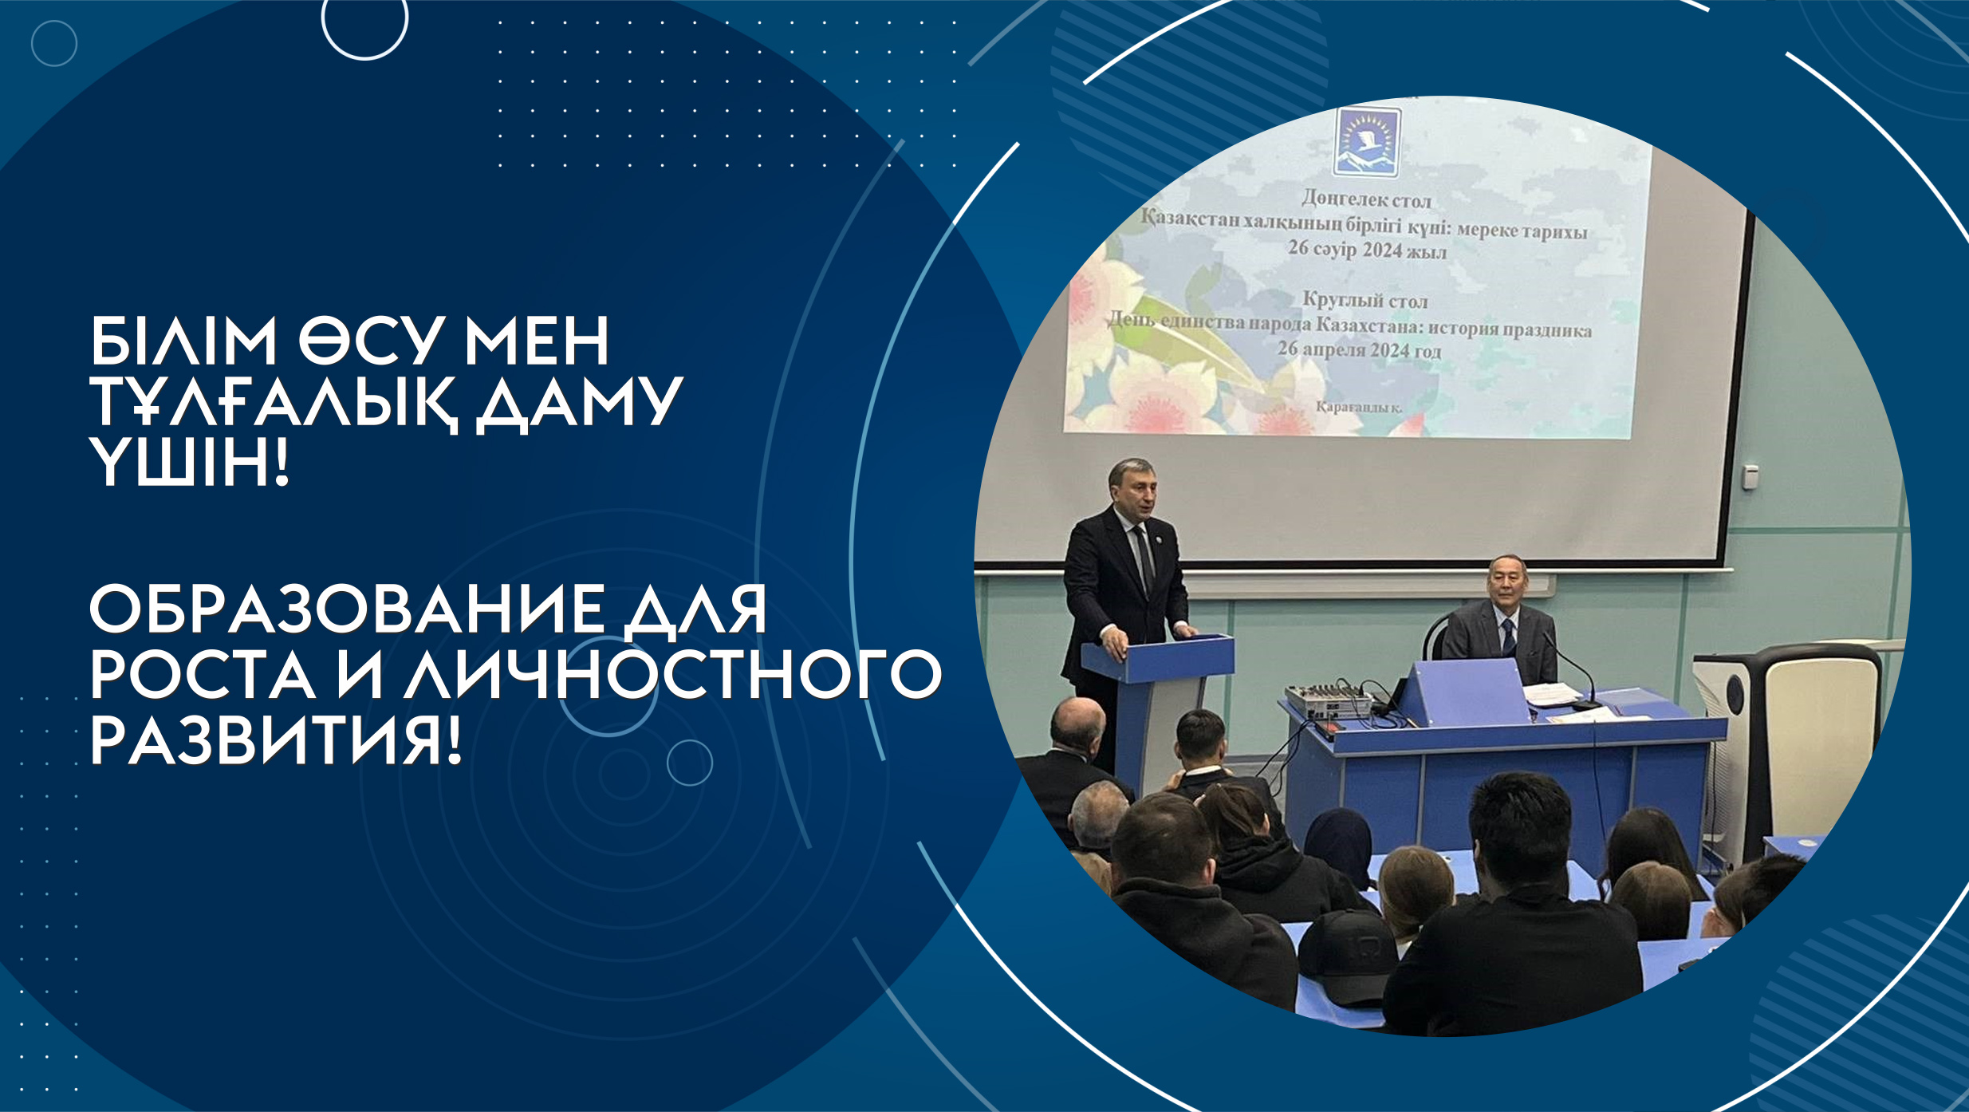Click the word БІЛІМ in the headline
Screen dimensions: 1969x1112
click(x=183, y=341)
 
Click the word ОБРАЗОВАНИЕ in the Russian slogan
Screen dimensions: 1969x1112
click(x=345, y=609)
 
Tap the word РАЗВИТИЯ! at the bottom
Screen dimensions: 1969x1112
click(x=276, y=740)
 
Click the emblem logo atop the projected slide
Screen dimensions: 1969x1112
click(x=1367, y=142)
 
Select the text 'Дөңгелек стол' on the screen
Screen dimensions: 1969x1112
click(x=1366, y=199)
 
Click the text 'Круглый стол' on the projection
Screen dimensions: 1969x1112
click(x=1365, y=300)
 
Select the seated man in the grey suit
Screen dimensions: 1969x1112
click(x=1499, y=624)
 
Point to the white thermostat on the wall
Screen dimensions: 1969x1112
click(x=1750, y=477)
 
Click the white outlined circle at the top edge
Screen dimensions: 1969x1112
click(x=364, y=20)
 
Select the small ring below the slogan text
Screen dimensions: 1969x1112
click(x=690, y=762)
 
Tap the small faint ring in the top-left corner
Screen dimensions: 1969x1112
click(x=54, y=43)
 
